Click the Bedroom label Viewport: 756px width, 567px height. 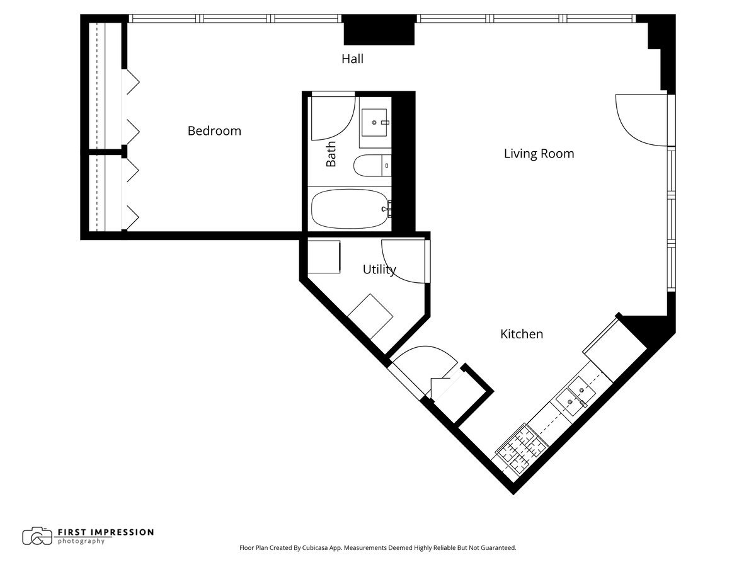pos(214,131)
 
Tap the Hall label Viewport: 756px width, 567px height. pos(352,59)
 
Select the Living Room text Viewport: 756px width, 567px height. pos(539,154)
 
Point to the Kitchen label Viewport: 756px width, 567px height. pos(522,334)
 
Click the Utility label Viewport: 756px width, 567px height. pos(379,270)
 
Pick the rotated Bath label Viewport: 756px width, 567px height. pos(331,154)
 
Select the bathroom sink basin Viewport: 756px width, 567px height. pos(374,123)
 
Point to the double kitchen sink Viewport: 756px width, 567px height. pos(576,396)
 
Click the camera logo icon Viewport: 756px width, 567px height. pos(37,536)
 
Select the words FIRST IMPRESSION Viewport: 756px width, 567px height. pos(106,532)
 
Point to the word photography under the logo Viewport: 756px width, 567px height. pos(81,542)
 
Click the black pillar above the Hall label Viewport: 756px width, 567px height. pos(379,30)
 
